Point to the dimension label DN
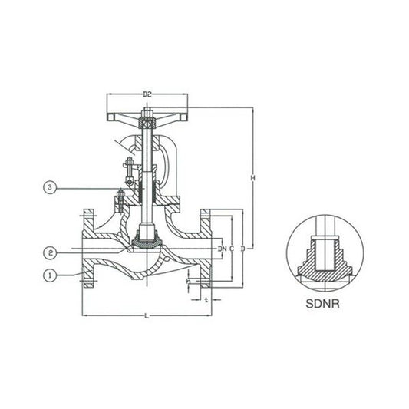(221, 249)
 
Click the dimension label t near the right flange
(207, 299)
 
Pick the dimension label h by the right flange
(189, 282)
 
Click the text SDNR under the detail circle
(321, 302)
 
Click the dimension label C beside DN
(232, 249)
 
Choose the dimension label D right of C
(242, 249)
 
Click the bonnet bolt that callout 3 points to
(120, 201)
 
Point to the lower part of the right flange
(206, 272)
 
